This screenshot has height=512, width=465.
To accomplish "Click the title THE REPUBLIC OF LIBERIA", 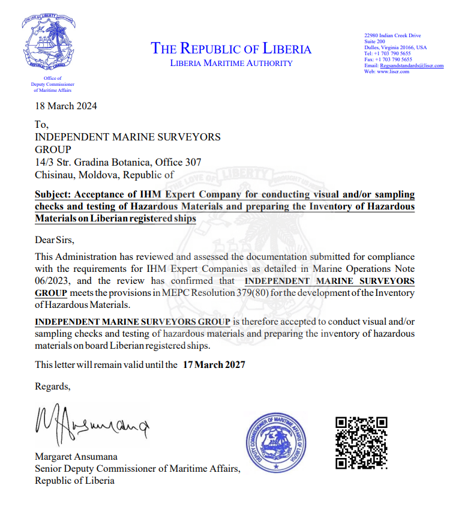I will tap(231, 49).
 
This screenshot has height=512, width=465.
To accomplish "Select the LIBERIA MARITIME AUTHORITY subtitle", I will tap(231, 63).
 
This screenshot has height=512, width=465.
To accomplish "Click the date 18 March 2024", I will tap(66, 106).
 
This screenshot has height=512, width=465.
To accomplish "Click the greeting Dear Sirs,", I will tap(55, 240).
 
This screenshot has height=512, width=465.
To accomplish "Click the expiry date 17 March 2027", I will tap(214, 364).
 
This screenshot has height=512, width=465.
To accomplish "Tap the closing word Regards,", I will tap(52, 386).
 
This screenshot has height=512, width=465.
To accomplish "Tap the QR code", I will tap(361, 442).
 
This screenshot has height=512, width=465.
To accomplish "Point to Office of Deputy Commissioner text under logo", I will tap(52, 85).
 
